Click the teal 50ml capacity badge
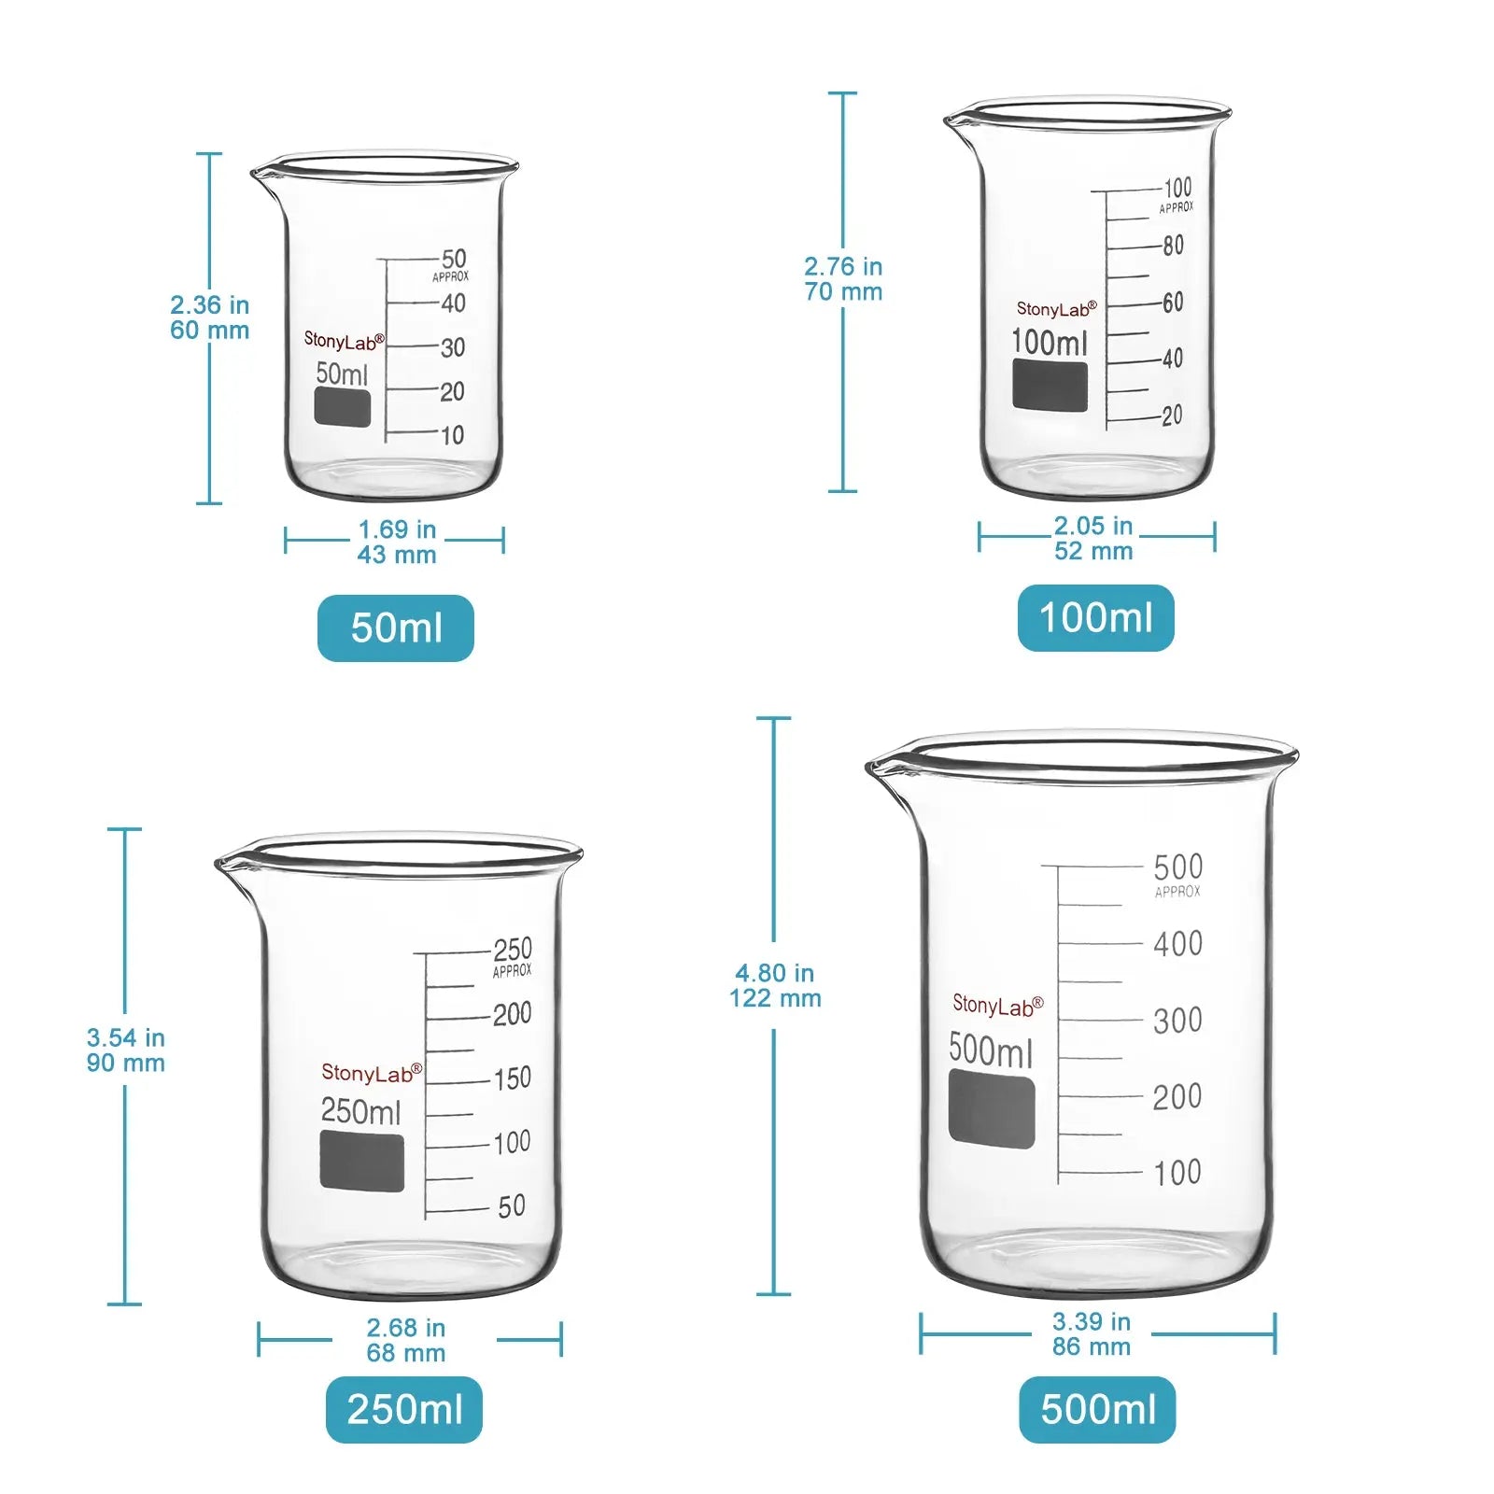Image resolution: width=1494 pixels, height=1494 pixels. (395, 628)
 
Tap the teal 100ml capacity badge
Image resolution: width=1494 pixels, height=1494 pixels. (1095, 618)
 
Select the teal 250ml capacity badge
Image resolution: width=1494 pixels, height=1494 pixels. (403, 1409)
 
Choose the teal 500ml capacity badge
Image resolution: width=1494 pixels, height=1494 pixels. (1097, 1409)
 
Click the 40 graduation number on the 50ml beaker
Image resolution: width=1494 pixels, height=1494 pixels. (453, 303)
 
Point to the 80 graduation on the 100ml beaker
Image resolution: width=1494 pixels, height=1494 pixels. (1173, 246)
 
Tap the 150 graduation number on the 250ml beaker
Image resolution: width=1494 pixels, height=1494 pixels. (512, 1078)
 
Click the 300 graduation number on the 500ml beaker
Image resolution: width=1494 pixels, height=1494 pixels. (1177, 1021)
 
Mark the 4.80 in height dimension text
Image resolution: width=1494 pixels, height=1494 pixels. (774, 973)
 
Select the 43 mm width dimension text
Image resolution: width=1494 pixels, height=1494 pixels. (397, 555)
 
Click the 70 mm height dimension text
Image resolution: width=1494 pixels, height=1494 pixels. (843, 292)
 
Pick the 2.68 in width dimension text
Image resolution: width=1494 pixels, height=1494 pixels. (405, 1328)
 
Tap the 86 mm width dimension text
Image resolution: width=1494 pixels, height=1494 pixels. (1091, 1346)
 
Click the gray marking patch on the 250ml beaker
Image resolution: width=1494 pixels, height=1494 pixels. (362, 1163)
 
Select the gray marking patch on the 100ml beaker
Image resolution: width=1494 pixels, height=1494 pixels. (1050, 386)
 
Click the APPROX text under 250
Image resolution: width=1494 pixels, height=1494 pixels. (512, 971)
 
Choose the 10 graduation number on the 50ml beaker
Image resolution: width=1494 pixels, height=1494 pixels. (452, 435)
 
